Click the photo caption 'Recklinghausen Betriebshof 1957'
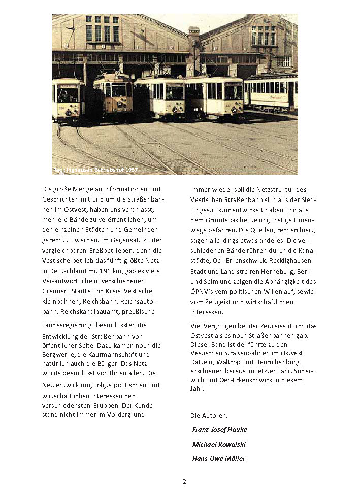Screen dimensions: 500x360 (95, 169)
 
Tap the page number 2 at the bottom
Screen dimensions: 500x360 (184, 481)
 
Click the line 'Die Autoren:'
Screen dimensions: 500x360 (209, 415)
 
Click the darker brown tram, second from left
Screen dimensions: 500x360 (114, 96)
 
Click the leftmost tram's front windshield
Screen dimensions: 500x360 (68, 94)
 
